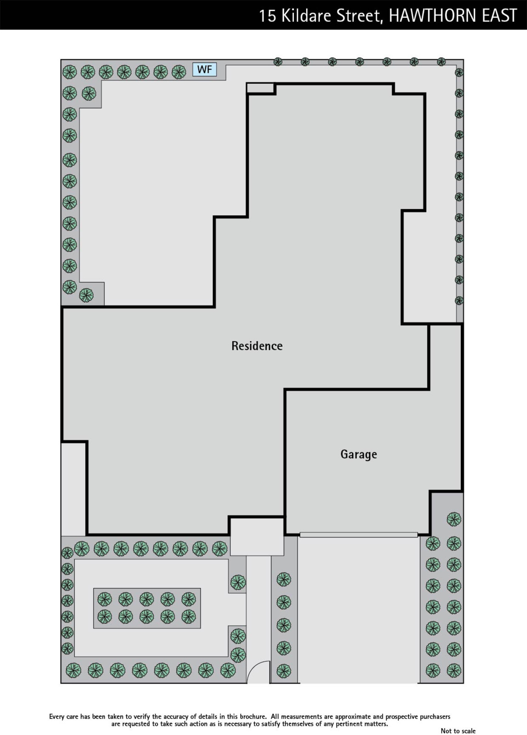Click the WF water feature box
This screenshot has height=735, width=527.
pyautogui.click(x=205, y=69)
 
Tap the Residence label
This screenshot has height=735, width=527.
pyautogui.click(x=257, y=346)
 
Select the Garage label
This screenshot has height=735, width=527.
pyautogui.click(x=359, y=454)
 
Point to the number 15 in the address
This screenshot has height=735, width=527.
pyautogui.click(x=268, y=16)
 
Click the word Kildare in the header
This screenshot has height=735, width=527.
pyautogui.click(x=306, y=16)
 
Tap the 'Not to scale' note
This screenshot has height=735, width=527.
pyautogui.click(x=458, y=731)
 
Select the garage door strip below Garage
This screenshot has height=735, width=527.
pyautogui.click(x=359, y=535)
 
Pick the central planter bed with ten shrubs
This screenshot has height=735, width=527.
pyautogui.click(x=147, y=608)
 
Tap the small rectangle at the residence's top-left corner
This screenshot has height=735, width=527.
pyautogui.click(x=260, y=88)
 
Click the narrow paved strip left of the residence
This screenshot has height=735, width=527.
pyautogui.click(x=73, y=489)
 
